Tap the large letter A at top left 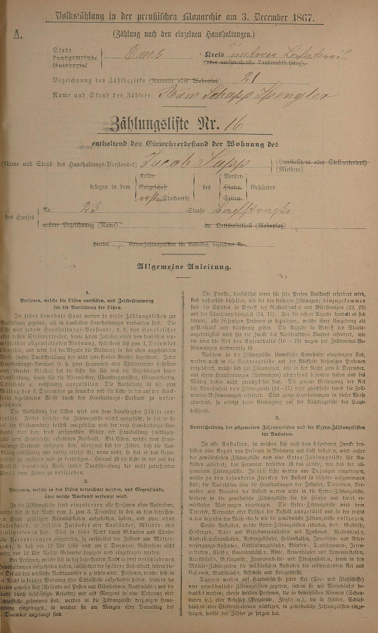tap(17, 36)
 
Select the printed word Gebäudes tap(263, 187)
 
